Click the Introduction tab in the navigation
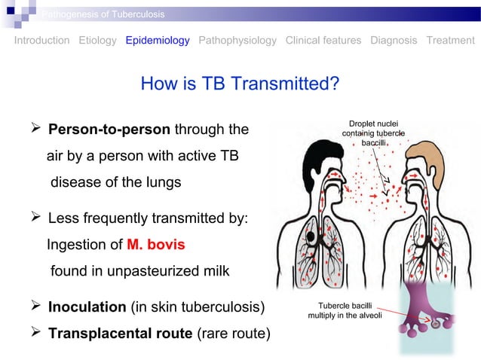(42, 40)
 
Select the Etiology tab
(97, 40)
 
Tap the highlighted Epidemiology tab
(158, 40)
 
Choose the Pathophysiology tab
(237, 40)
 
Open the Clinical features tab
(323, 40)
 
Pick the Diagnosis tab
(394, 40)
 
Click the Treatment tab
(450, 40)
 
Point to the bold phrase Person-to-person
(109, 130)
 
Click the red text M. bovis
(155, 245)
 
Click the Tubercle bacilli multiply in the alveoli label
(345, 310)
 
